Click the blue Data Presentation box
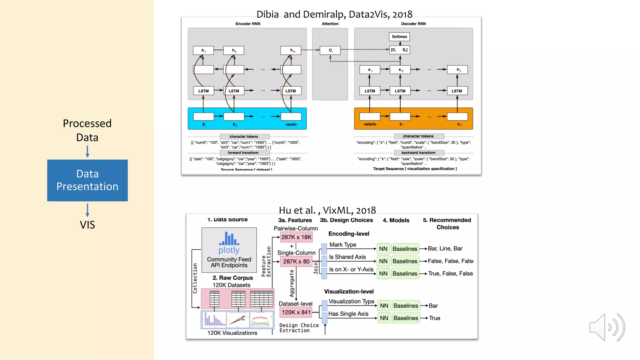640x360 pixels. [x=87, y=180]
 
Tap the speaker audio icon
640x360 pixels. [x=607, y=327]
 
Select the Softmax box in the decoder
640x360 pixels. [x=399, y=37]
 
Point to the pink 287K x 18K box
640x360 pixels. [x=296, y=237]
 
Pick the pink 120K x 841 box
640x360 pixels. [x=296, y=312]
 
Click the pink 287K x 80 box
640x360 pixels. [x=296, y=262]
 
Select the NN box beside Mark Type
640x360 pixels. [x=383, y=249]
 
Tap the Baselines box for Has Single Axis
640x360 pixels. [x=406, y=318]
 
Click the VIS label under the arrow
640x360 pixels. [x=87, y=225]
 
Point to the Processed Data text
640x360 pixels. [x=87, y=130]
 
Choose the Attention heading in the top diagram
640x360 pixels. [x=330, y=24]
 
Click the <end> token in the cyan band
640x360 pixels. [x=291, y=124]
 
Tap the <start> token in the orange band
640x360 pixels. [x=370, y=124]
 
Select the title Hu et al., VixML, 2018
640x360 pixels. [x=327, y=210]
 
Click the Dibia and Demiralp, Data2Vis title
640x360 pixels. [x=334, y=14]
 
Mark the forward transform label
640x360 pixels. [x=243, y=153]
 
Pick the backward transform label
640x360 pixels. [x=418, y=153]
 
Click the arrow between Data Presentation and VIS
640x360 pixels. [x=87, y=210]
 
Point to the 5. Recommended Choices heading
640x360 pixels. [x=447, y=223]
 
